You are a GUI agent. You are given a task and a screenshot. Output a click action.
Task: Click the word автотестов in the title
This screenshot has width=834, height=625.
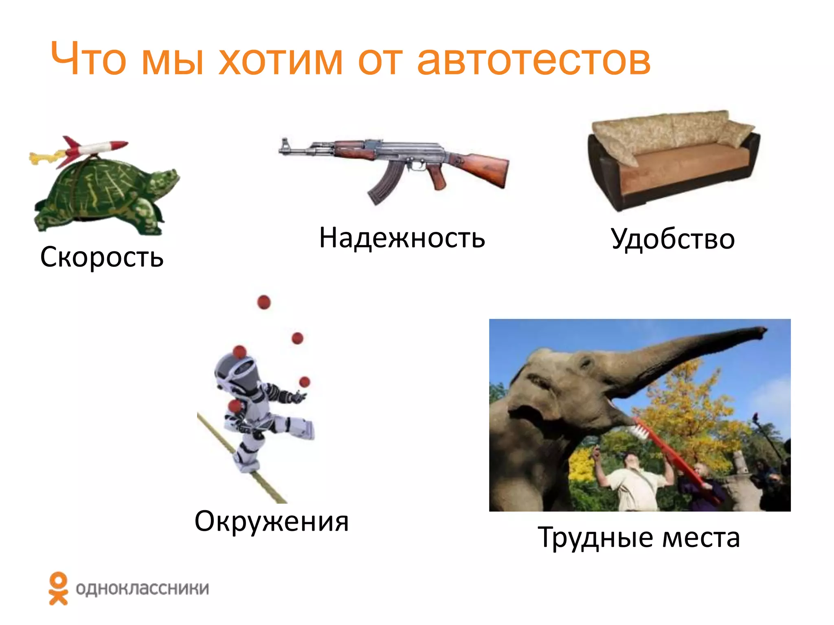click(x=533, y=60)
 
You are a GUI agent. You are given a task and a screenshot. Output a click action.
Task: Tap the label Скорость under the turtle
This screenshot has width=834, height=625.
click(x=102, y=257)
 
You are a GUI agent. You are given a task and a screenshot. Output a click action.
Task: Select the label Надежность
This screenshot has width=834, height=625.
click(x=402, y=238)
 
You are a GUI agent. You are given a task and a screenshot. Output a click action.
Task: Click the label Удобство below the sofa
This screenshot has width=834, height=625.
click(x=673, y=239)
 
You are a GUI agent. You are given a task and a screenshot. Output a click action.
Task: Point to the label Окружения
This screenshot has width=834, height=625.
click(x=272, y=521)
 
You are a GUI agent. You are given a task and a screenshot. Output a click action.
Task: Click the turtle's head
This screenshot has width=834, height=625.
click(x=165, y=179)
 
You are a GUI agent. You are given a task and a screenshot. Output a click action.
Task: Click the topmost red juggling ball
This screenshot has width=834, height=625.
click(x=264, y=302)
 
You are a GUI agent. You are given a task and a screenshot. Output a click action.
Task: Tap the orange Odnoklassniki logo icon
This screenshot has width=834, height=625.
click(x=58, y=588)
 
